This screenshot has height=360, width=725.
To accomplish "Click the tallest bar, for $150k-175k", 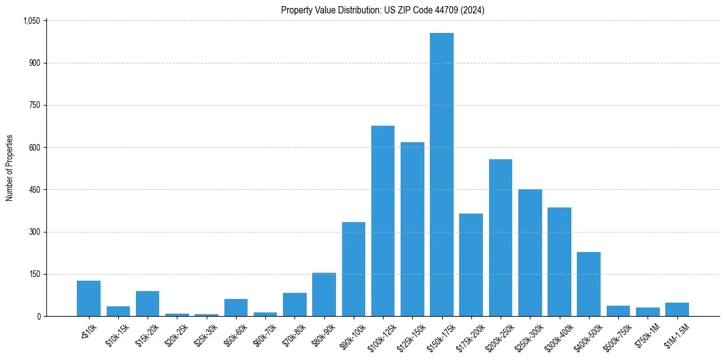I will [x=441, y=175].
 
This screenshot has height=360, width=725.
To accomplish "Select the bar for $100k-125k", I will [x=383, y=221].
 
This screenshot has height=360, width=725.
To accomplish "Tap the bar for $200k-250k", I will [x=501, y=237].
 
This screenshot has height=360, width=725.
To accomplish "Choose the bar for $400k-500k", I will [x=588, y=284].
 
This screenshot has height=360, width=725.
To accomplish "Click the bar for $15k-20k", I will [x=148, y=303].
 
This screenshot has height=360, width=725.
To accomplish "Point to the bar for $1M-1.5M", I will [x=677, y=309].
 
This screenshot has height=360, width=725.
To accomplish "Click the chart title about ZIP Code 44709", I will [x=383, y=10].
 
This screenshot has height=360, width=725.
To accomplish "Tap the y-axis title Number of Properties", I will [x=10, y=168].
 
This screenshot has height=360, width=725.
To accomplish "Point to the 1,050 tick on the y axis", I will [x=31, y=21].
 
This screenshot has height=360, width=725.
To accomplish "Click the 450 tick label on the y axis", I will [x=34, y=190].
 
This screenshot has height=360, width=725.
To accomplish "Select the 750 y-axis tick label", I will [x=34, y=106].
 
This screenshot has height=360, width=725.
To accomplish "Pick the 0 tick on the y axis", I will [x=38, y=316].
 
